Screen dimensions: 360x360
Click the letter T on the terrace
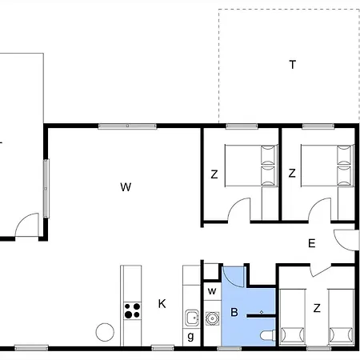coord(293,65)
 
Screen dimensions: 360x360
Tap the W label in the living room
coord(126,187)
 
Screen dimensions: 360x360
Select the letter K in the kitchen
coord(162,304)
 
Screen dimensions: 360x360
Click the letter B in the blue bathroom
coord(234,312)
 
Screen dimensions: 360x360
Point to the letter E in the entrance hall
coord(311,243)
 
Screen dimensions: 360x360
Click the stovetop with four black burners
coord(132,310)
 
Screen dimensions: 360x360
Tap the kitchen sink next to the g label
coord(192,318)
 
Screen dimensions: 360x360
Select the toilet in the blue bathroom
coord(268,335)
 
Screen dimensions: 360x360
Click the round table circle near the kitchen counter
coord(105,332)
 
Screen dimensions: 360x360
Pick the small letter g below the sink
coord(190,337)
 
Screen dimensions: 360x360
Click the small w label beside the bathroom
coord(212,291)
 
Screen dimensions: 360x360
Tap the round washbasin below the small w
coord(212,318)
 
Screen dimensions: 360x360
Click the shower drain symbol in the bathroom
coord(262,312)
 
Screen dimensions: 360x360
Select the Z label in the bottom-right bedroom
coord(317,308)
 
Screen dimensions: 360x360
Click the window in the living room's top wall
coord(127,126)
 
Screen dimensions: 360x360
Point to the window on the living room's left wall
coord(46,188)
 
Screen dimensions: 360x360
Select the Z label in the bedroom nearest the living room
coord(214,174)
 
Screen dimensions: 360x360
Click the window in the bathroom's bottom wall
coord(229,348)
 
